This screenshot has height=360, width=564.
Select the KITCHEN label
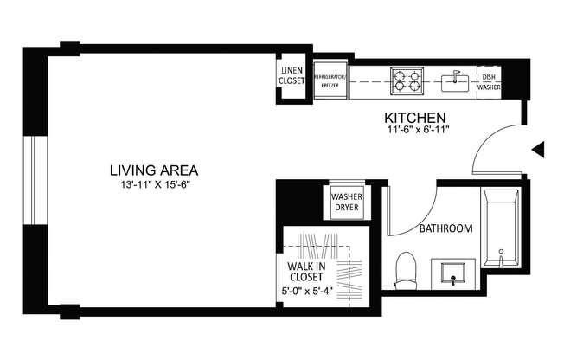click(x=415, y=117)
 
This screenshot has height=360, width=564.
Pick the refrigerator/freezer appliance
click(x=330, y=80)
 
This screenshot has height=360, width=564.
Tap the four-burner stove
click(x=407, y=80)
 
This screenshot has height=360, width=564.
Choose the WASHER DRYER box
click(x=345, y=202)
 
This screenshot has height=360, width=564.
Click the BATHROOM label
click(x=445, y=229)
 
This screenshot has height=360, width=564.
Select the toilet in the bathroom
click(x=405, y=269)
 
